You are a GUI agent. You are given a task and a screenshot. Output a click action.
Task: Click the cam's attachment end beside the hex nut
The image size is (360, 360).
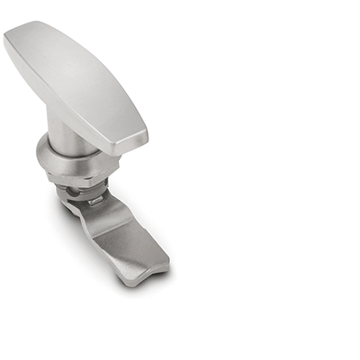click(72, 205)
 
